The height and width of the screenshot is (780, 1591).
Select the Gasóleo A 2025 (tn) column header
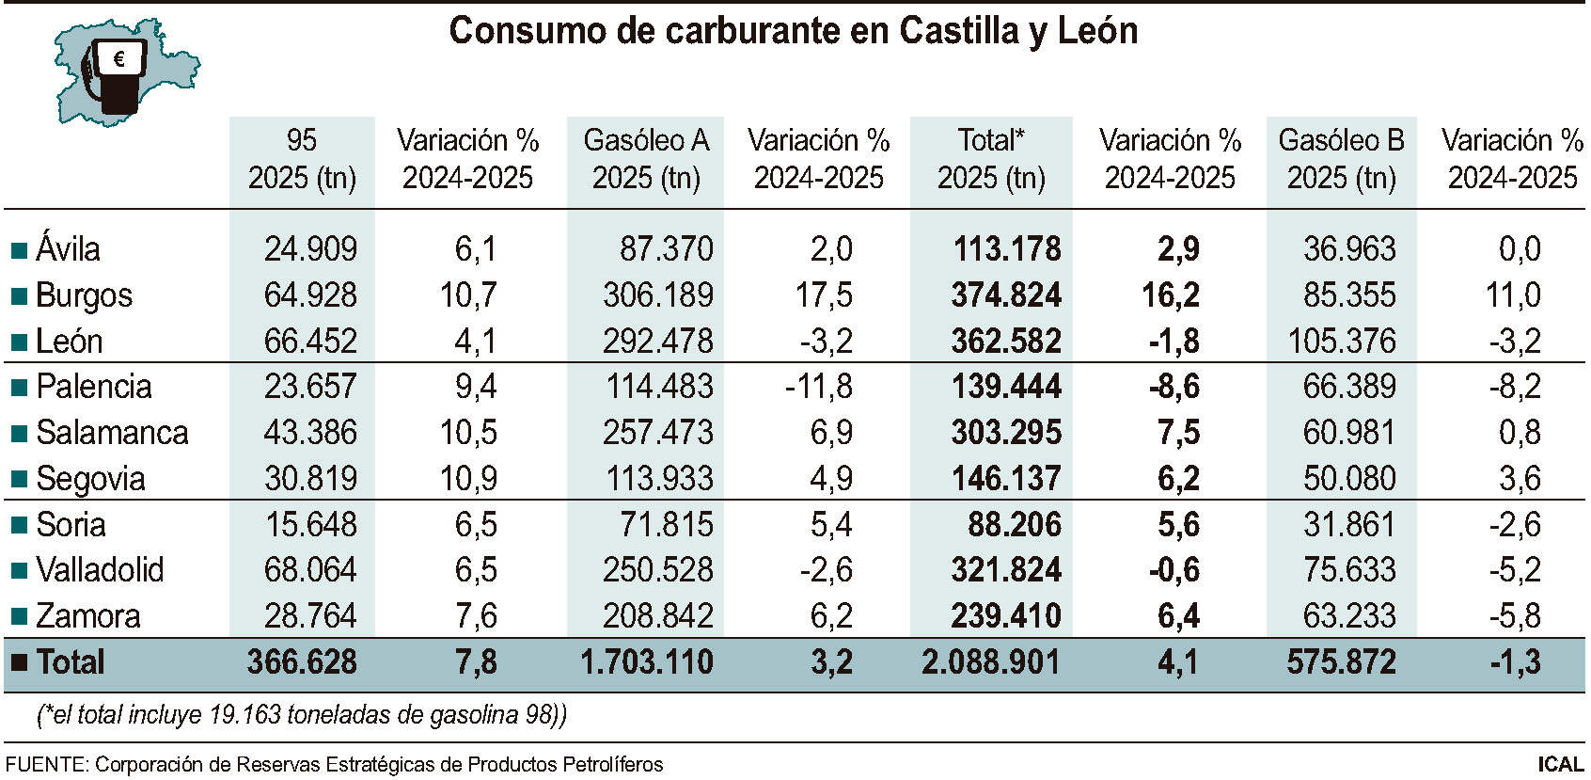646,159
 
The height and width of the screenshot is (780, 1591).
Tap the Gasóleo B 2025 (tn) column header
1341,159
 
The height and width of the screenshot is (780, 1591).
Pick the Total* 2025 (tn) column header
991,159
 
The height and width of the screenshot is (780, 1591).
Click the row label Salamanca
112,433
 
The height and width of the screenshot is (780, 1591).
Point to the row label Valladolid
100,570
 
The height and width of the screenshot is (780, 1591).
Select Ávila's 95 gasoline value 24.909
310,249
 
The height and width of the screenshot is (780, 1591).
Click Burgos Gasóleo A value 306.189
657,295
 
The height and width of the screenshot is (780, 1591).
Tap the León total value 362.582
1005,342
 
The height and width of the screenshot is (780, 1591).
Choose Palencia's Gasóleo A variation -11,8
818,387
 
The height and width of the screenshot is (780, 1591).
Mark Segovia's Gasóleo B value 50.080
1349,479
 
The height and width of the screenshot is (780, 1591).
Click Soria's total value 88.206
1014,525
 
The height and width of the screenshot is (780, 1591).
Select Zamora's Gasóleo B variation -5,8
1514,616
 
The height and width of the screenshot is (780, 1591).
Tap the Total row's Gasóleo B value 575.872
1341,662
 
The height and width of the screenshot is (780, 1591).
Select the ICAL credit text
1560,764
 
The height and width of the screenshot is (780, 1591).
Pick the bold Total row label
70,662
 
